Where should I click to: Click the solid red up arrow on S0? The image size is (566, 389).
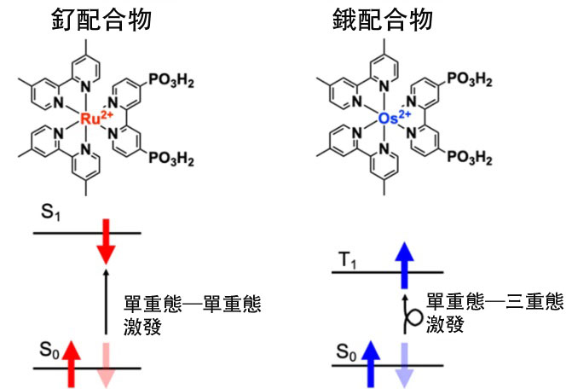[72, 359]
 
